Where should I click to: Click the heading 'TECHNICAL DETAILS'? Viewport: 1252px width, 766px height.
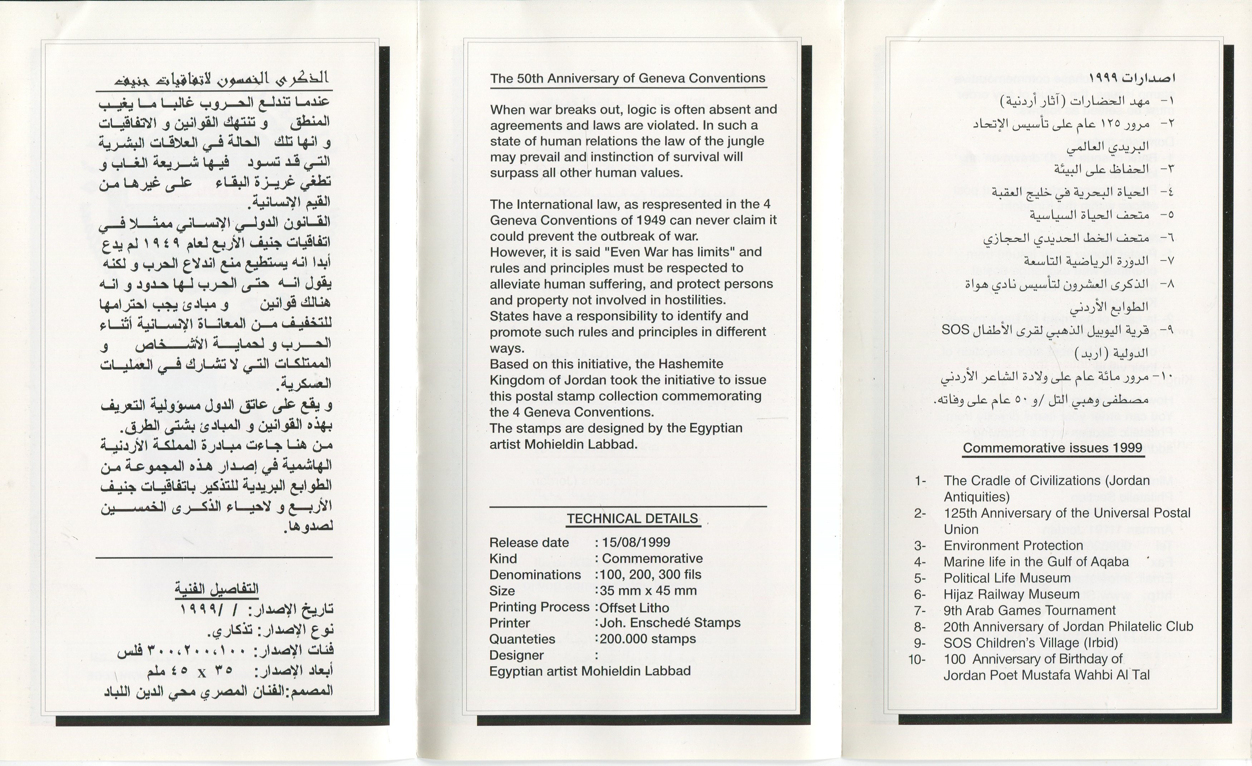click(632, 519)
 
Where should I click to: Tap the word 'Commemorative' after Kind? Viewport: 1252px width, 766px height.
click(652, 559)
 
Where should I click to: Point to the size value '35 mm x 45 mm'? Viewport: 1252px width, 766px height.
click(648, 591)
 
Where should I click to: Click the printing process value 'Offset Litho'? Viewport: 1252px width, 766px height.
click(634, 608)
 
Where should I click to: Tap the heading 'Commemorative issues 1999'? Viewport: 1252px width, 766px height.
click(1053, 448)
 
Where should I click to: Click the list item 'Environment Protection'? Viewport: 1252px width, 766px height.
click(1013, 545)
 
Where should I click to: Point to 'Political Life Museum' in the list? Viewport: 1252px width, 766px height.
click(1007, 578)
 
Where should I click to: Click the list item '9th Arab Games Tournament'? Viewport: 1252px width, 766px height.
click(1030, 611)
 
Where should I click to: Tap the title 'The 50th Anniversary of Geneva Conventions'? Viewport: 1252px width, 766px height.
click(628, 78)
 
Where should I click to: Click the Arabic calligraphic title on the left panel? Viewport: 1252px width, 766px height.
click(222, 78)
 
